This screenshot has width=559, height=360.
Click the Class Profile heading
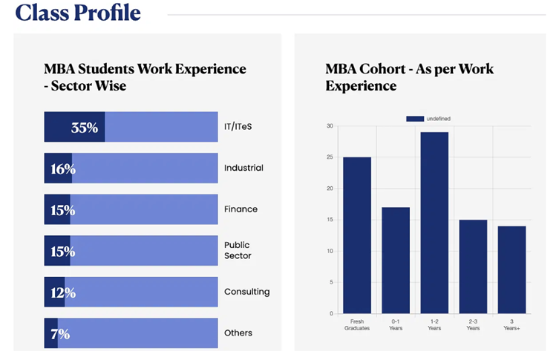(x=78, y=13)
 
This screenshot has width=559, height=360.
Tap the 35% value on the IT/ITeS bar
(x=85, y=127)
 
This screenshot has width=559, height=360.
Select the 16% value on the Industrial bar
(x=63, y=168)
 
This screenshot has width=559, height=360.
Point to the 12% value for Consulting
(x=63, y=292)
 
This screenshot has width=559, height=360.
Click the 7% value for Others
(x=60, y=334)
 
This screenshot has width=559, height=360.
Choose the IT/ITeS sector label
(x=238, y=127)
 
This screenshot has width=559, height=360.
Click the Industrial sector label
(x=243, y=168)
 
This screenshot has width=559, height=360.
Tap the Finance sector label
(x=241, y=209)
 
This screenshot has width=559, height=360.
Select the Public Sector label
(x=238, y=250)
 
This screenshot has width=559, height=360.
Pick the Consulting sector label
(x=246, y=292)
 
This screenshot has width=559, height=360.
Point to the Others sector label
(x=238, y=333)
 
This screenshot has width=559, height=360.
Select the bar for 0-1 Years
(x=396, y=260)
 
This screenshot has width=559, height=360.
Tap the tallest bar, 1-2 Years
(x=434, y=223)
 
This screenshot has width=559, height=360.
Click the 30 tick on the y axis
(x=330, y=126)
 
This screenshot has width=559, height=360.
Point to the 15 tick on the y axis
(x=330, y=220)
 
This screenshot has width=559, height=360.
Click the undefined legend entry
(x=428, y=119)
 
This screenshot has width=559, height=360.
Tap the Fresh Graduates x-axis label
(x=356, y=324)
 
